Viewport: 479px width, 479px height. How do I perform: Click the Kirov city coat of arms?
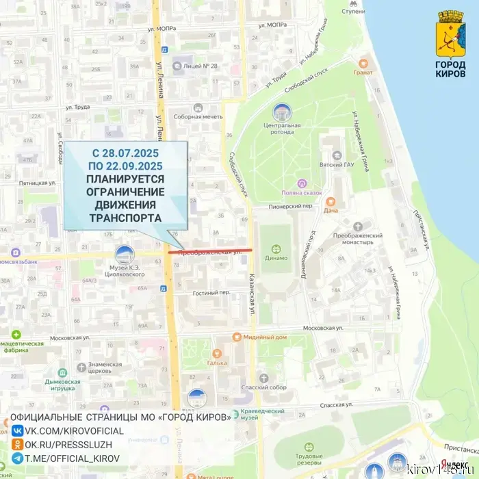pyautogui.click(x=450, y=29)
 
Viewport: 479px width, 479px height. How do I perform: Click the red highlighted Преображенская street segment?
pyautogui.click(x=210, y=251)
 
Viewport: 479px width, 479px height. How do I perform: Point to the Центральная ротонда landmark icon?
pyautogui.click(x=281, y=112)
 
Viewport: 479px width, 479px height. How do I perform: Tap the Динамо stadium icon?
pyautogui.click(x=277, y=249)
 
